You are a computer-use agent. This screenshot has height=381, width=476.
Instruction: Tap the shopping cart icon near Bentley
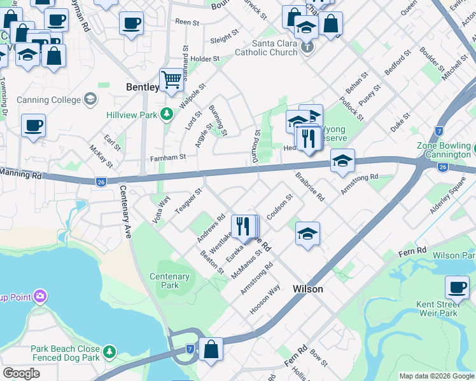pos(171,80)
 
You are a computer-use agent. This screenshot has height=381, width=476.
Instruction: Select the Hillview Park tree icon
pos(167,114)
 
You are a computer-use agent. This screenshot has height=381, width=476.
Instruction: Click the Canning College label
pos(49,100)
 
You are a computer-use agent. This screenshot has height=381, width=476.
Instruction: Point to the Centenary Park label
pos(169,281)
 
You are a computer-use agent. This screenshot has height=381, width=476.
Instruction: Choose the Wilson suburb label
pos(308,289)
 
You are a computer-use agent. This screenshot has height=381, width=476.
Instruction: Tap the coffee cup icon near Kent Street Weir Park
pos(457,287)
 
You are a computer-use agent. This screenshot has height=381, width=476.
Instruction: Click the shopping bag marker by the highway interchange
pos(211,349)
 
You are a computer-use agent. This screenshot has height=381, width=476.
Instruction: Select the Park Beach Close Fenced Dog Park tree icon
pos(109,351)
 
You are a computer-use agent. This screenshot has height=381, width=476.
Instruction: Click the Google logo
pos(22,373)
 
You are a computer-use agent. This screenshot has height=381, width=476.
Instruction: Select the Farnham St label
pos(167,157)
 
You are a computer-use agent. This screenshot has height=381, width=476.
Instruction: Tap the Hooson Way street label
pos(265,300)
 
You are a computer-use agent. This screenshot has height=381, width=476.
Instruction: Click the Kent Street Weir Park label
pos(437,309)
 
